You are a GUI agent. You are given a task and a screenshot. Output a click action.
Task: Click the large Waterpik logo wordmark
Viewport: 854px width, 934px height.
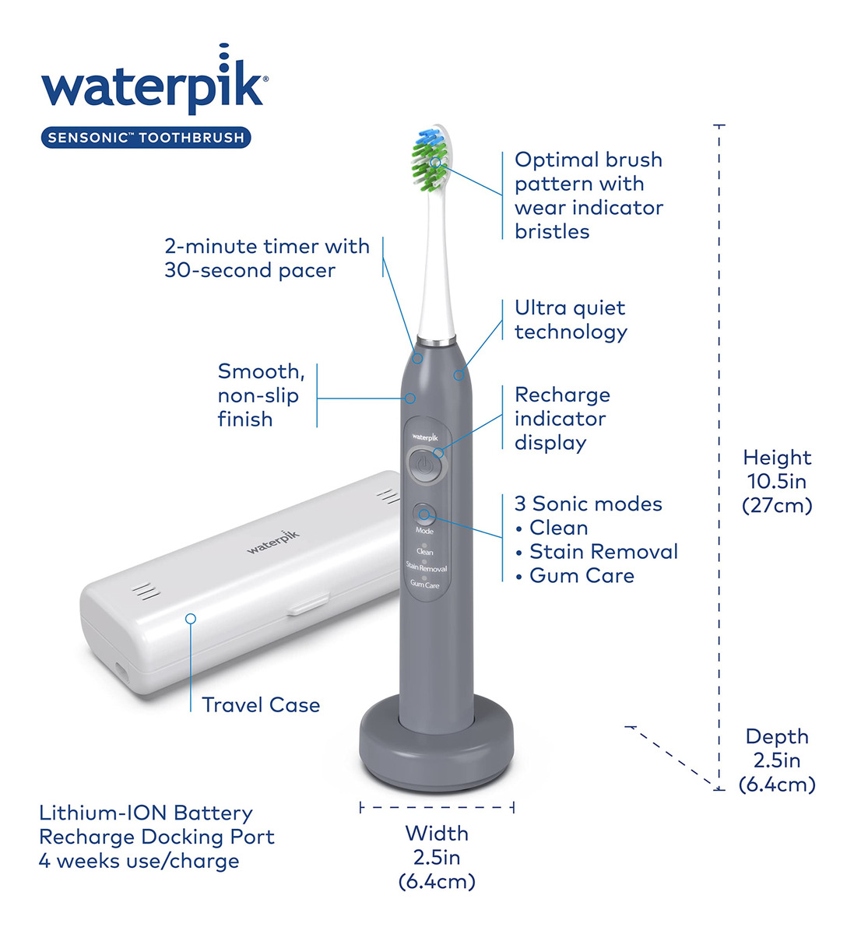click(x=155, y=79)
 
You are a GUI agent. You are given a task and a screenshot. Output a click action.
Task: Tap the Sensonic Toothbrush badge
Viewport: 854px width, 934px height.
click(x=146, y=137)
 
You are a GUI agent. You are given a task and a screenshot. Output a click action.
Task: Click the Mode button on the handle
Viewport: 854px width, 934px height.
click(x=424, y=514)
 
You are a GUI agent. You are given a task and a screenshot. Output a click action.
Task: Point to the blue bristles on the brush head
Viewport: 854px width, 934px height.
click(x=428, y=137)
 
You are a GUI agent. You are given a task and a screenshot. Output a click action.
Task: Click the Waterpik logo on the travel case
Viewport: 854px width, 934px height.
click(x=273, y=542)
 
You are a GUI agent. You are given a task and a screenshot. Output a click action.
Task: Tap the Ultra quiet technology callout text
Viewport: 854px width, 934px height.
click(x=571, y=320)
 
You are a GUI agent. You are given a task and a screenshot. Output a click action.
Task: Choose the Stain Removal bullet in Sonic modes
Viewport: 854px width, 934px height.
click(x=597, y=551)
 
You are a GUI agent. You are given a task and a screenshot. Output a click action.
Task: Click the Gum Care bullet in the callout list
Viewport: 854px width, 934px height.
click(x=575, y=575)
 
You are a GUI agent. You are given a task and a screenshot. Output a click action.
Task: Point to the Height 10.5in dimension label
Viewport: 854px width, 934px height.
click(x=777, y=481)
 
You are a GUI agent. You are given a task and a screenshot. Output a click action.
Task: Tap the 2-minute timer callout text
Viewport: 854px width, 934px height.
click(x=267, y=258)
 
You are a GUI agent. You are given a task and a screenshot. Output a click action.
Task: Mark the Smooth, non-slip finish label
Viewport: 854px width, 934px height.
click(x=262, y=395)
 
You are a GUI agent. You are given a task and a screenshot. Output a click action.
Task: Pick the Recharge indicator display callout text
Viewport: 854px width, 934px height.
click(x=562, y=419)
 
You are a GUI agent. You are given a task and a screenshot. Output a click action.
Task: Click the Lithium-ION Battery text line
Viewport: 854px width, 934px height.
click(x=146, y=813)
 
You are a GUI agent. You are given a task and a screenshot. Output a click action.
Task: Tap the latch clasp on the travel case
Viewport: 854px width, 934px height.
click(x=308, y=603)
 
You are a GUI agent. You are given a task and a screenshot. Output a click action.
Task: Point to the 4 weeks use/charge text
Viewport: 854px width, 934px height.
click(x=139, y=861)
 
